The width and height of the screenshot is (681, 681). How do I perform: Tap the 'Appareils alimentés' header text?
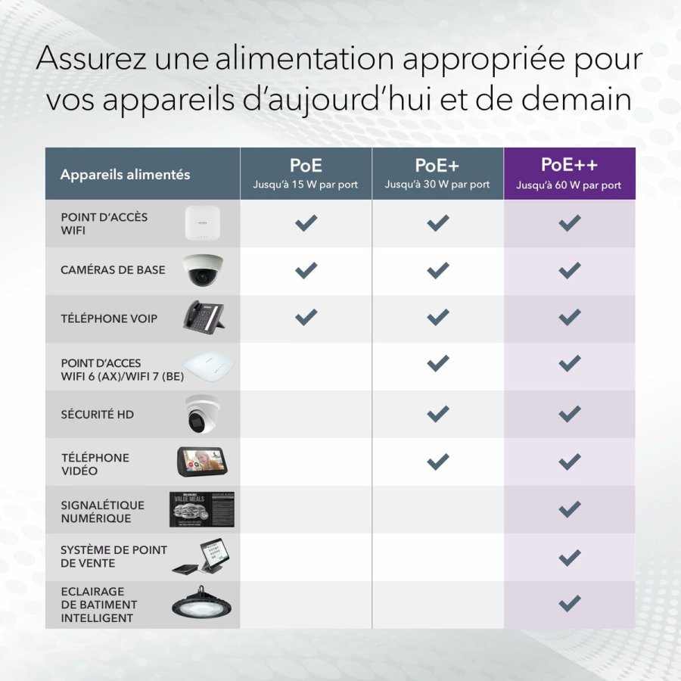(125, 175)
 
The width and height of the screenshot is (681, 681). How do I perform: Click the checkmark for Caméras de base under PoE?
(306, 270)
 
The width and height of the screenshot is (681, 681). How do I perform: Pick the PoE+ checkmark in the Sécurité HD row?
(437, 414)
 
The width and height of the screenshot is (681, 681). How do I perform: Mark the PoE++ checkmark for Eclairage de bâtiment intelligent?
(569, 603)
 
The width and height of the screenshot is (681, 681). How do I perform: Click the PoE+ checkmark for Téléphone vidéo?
(437, 461)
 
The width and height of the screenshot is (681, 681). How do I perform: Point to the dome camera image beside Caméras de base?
(203, 271)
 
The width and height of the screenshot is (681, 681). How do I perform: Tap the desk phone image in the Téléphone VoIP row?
(204, 317)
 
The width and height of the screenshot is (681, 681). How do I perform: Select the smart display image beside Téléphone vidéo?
(203, 461)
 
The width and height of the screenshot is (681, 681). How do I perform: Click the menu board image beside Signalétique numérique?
(201, 509)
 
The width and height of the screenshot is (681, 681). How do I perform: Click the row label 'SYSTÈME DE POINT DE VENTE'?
(113, 557)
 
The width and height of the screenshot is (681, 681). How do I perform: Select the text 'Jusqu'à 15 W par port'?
(306, 185)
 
